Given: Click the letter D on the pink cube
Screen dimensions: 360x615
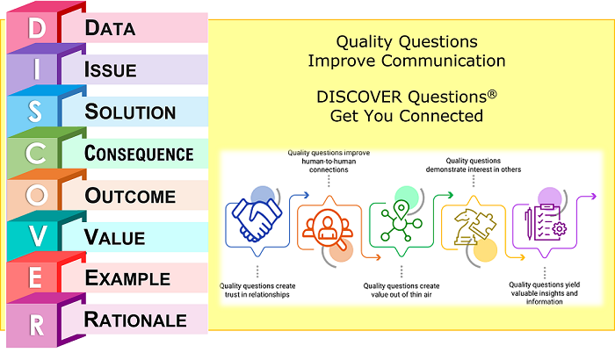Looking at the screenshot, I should tap(36, 28).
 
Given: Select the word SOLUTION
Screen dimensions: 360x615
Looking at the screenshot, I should tap(130, 112).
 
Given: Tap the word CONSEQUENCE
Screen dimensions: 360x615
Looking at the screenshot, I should tap(139, 154).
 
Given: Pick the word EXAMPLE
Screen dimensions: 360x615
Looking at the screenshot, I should tap(127, 278).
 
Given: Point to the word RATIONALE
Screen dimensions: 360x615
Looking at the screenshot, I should tap(135, 320).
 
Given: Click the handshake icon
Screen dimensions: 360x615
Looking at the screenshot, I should tap(255, 220).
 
